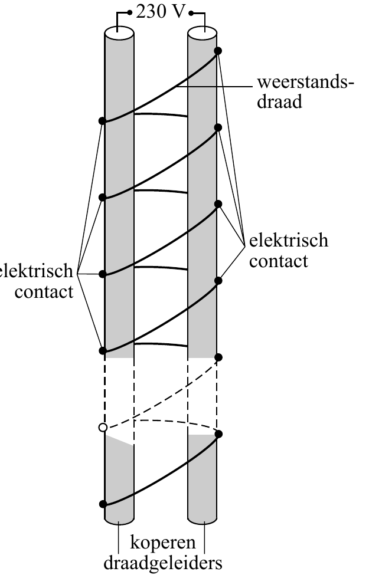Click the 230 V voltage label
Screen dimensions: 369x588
point(161,12)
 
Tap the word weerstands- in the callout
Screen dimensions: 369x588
point(305,82)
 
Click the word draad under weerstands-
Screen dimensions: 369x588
point(279,101)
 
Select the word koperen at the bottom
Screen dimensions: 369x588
point(163,543)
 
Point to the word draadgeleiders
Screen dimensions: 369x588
point(162,563)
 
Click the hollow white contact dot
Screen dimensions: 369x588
point(103,427)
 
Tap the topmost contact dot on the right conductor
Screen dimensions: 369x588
point(218,51)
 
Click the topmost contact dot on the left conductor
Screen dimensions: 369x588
point(103,121)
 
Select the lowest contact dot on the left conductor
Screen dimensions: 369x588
point(103,504)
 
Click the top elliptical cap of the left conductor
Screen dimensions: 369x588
point(119,32)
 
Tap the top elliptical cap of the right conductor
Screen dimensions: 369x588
point(203,32)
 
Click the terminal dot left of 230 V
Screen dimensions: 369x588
point(130,13)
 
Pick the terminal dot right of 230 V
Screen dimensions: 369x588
point(191,14)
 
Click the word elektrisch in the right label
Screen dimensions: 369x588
point(289,241)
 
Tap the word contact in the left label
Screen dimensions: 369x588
point(44,291)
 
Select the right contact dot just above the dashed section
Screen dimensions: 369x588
point(218,357)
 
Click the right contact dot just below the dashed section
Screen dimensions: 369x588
point(218,434)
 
